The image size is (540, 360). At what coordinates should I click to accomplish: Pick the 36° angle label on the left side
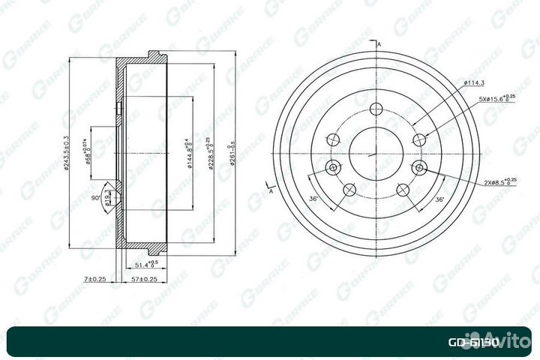(313, 199)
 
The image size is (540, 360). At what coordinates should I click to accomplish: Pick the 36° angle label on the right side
(440, 199)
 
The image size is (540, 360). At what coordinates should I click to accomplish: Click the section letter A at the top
(380, 46)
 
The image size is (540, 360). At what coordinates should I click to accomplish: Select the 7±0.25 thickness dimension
(95, 279)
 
